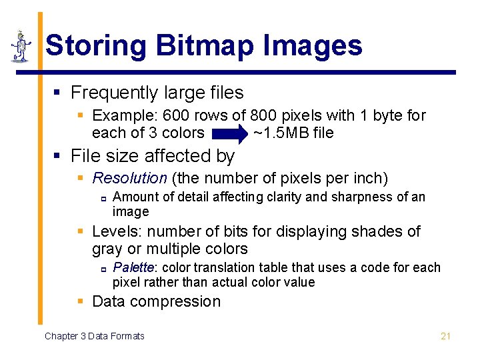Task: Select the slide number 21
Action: pyautogui.click(x=446, y=336)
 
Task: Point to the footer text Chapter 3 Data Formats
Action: pyautogui.click(x=94, y=336)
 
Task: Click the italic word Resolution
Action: pyautogui.click(x=129, y=178)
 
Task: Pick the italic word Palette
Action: pyautogui.click(x=133, y=267)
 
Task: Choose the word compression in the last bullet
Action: pyautogui.click(x=181, y=301)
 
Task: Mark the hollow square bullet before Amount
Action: pyautogui.click(x=104, y=198)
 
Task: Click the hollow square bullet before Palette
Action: pyautogui.click(x=104, y=269)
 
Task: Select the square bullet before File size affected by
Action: pyautogui.click(x=58, y=157)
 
